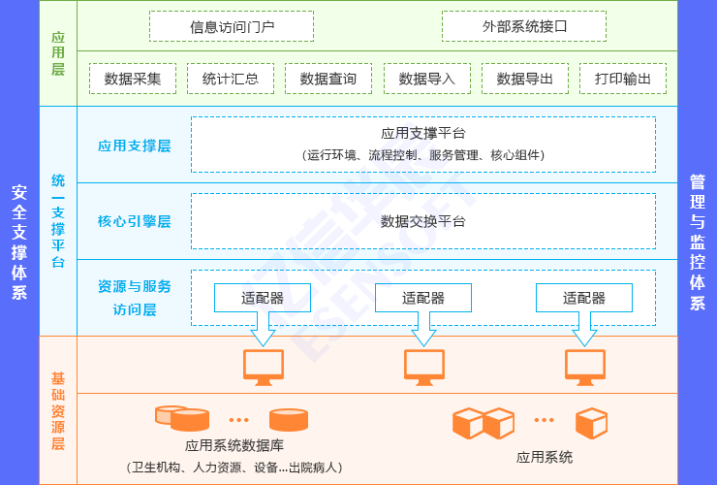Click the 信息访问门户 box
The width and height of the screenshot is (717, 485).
coord(232,26)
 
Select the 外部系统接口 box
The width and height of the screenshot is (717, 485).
coord(524,26)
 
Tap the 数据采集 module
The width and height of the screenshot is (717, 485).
coord(133,79)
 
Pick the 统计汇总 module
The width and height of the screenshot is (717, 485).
coord(231,79)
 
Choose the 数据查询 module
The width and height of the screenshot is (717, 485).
coord(328,79)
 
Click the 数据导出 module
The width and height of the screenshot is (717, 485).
coord(524,79)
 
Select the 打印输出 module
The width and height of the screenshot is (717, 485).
coord(623,79)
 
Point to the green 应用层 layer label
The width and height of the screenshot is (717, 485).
coord(58,53)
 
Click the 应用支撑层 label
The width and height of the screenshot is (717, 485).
coord(135,145)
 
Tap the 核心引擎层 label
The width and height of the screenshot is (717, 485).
coord(135,221)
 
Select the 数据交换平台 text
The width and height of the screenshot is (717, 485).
coord(423,221)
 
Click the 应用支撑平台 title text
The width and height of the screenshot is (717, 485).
coord(423,134)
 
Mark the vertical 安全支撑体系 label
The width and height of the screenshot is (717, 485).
coord(19,242)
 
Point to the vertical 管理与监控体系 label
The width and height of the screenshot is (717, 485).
coord(697,242)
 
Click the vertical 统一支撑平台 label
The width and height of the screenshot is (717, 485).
coord(58,221)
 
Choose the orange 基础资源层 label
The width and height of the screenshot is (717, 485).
coord(58,409)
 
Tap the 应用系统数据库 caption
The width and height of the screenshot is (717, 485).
coord(234,446)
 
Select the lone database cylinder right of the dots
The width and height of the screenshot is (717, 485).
coord(289,420)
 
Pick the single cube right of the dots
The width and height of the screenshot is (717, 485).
coord(591,423)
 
